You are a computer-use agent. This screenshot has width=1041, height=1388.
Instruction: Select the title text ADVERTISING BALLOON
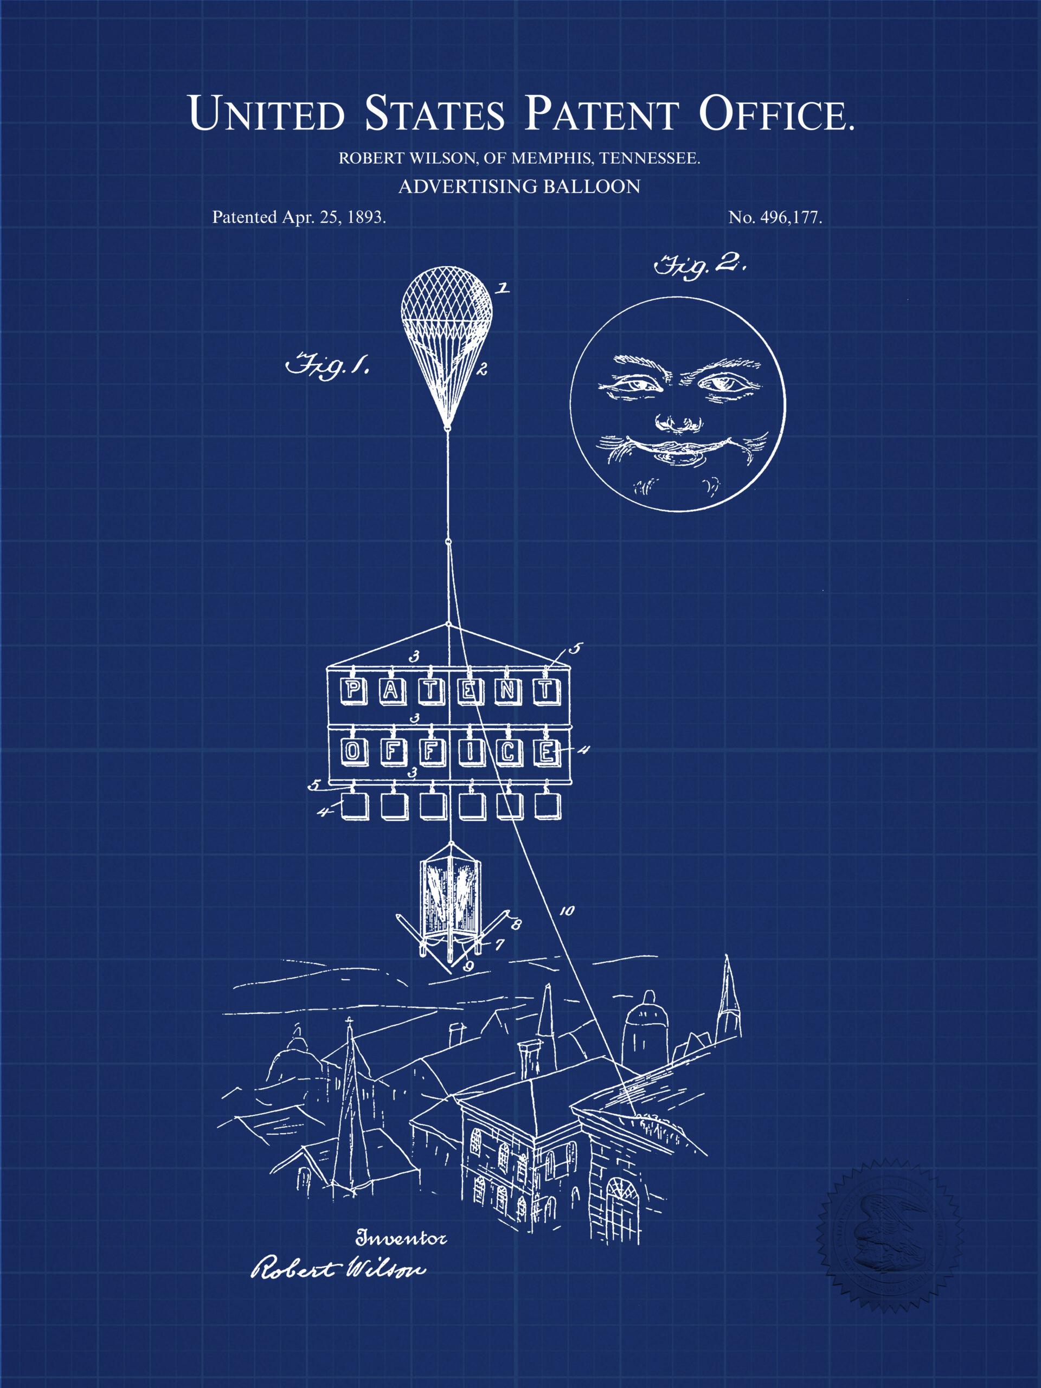519,187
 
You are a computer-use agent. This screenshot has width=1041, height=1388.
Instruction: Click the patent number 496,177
791,218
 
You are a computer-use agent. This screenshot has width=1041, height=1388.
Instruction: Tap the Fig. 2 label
698,266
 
